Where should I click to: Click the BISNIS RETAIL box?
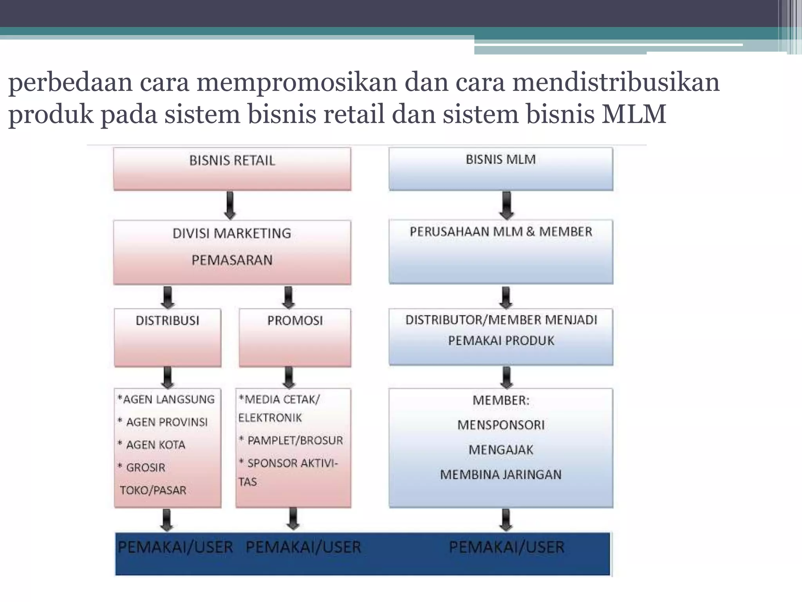click(232, 169)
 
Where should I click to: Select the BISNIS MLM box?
click(500, 169)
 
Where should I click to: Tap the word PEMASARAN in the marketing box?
click(232, 260)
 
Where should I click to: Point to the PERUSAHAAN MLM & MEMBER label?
click(501, 232)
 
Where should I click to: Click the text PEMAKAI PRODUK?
click(501, 341)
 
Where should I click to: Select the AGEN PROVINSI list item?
click(167, 422)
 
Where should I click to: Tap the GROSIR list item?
click(146, 468)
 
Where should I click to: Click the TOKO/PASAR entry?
click(153, 490)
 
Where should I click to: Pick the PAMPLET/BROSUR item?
click(295, 441)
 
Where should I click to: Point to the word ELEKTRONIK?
click(270, 418)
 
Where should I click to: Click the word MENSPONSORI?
click(501, 425)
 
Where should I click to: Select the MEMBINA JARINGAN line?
click(501, 475)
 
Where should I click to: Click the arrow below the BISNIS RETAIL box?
click(230, 205)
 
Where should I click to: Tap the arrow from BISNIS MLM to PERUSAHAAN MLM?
click(506, 205)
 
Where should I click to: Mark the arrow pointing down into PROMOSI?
click(289, 297)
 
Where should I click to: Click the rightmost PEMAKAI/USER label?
click(506, 547)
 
